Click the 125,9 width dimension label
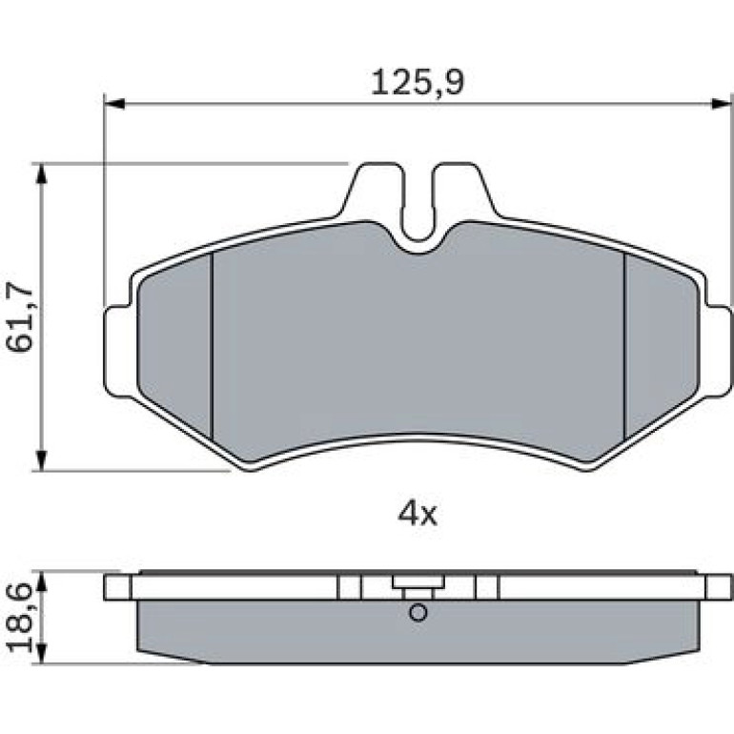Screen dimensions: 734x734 (418, 83)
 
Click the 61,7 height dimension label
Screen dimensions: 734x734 (20, 317)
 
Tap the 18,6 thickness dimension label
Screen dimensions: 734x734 (20, 618)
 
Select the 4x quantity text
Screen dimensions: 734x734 (418, 514)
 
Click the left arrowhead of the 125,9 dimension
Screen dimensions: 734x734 (113, 104)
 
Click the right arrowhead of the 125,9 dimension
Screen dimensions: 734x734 (722, 104)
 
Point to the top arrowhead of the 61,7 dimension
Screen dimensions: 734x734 (42, 174)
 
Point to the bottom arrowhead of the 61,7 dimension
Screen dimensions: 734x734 (42, 460)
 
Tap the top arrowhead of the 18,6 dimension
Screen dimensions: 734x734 (42, 582)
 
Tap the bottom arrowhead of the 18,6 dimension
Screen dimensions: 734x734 (42, 653)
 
